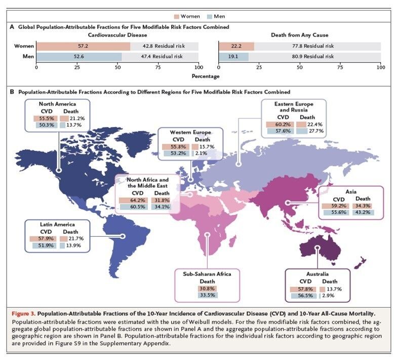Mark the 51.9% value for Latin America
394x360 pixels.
coord(39,245)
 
